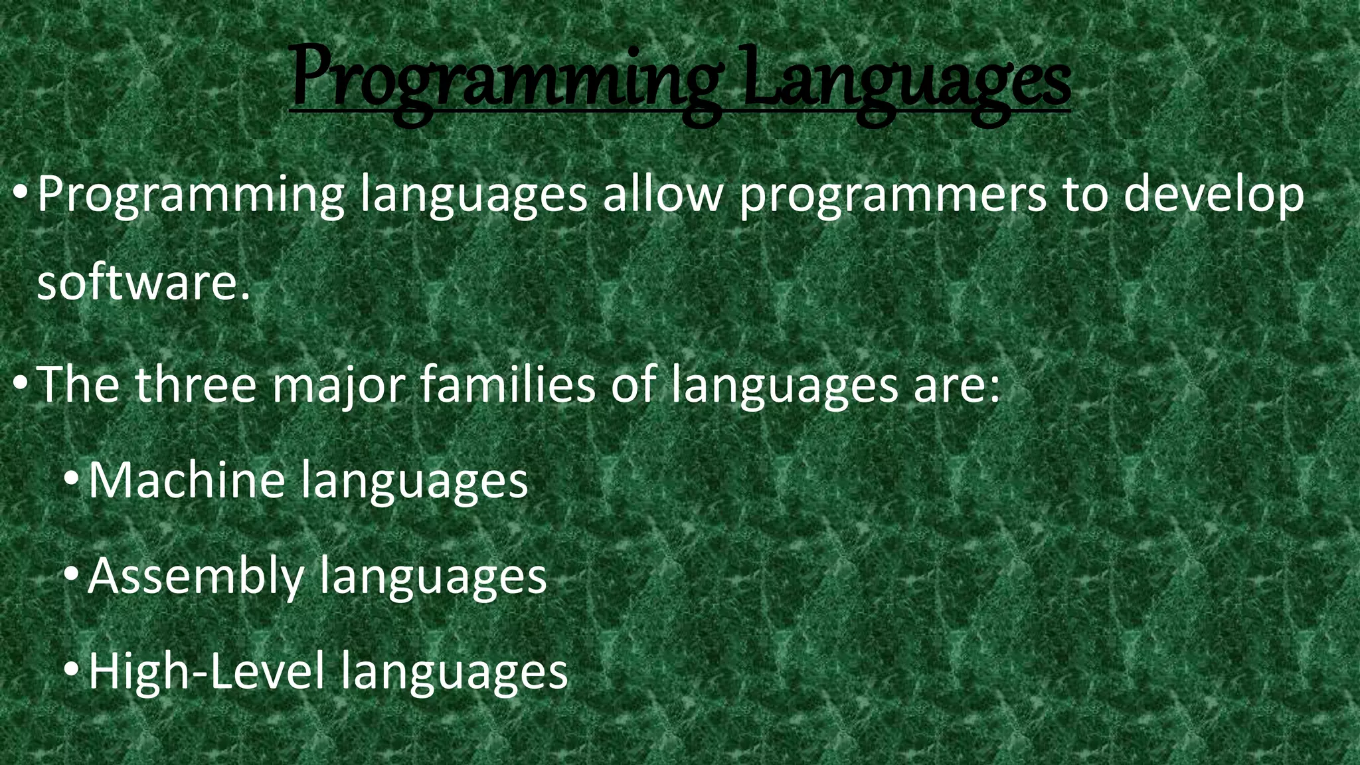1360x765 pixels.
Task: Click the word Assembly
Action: click(195, 576)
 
